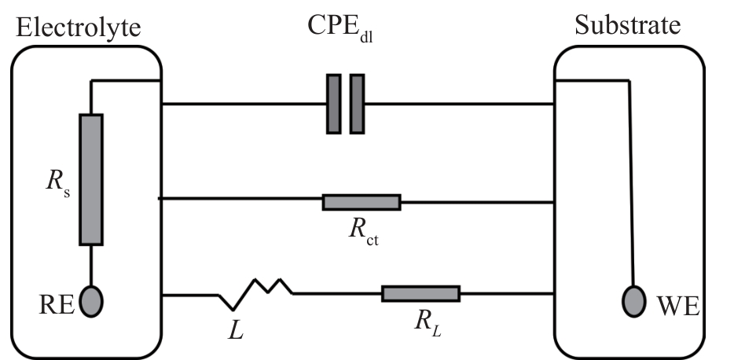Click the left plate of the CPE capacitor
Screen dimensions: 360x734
[x=333, y=103]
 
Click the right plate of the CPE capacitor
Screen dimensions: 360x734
[x=358, y=103]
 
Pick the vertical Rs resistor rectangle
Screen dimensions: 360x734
[x=91, y=179]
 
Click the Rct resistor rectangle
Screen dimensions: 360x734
[x=361, y=202]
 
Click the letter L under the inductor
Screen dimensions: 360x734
[x=236, y=331]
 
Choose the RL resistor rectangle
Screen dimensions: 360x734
[x=420, y=294]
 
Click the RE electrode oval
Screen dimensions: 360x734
[x=91, y=300]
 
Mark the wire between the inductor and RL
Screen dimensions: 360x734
[x=337, y=294]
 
